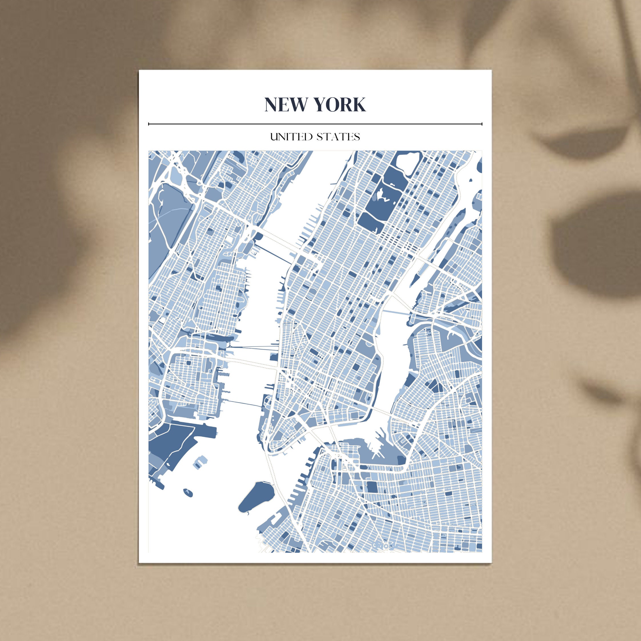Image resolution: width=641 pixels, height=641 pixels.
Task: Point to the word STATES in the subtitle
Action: pos(338,137)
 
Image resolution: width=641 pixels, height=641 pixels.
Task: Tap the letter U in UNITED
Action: pos(273,137)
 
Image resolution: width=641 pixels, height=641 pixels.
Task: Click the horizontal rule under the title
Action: pos(315,124)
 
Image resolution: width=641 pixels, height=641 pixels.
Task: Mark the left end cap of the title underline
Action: pos(149,124)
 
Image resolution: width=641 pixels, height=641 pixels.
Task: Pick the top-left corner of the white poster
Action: pos(139,70)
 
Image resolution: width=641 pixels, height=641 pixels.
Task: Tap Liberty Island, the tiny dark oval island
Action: pos(188,492)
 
